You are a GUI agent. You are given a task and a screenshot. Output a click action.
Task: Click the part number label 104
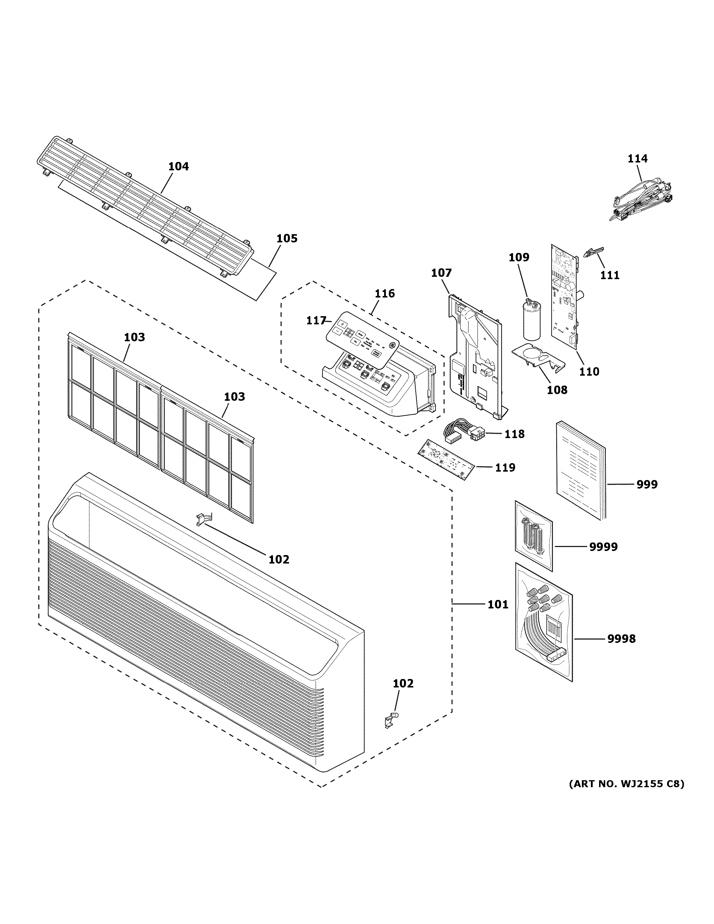178,166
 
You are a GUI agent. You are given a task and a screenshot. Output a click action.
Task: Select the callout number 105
287,238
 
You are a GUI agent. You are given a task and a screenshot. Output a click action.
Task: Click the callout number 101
497,604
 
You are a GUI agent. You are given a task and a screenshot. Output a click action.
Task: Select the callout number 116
384,293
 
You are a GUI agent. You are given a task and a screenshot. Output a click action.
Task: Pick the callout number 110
589,372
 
